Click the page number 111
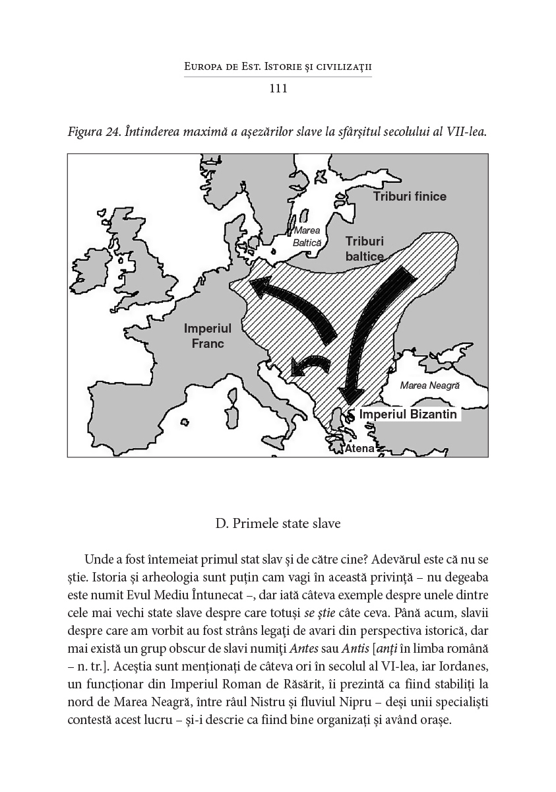[278, 88]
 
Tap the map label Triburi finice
[409, 197]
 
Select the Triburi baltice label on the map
[364, 249]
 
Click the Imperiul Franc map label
[208, 335]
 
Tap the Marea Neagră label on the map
[429, 385]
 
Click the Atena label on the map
[360, 449]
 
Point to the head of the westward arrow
[261, 287]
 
